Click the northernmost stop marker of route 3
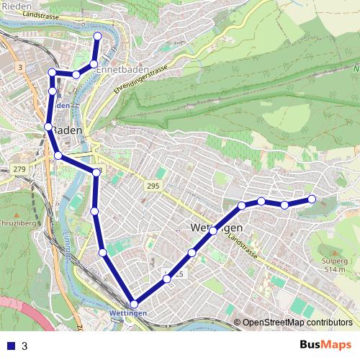(98, 36)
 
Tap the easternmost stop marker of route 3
(312, 199)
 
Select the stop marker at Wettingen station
(134, 304)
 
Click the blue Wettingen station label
(130, 314)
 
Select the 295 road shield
(152, 186)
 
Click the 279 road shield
(19, 168)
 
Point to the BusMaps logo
(325, 345)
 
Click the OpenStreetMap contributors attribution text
(297, 323)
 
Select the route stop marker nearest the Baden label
(48, 127)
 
